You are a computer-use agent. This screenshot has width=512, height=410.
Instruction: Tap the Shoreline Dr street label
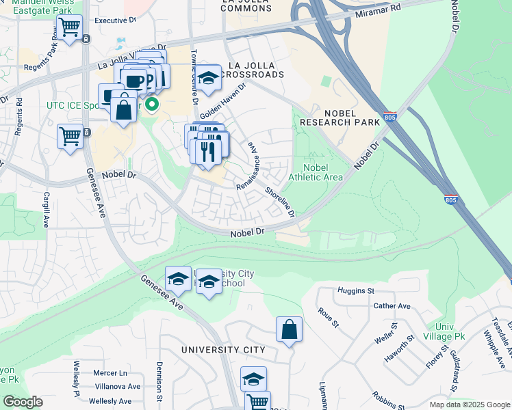point(280,203)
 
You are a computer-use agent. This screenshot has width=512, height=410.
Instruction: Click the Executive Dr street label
point(116,20)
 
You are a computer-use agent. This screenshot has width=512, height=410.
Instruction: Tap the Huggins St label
point(356,291)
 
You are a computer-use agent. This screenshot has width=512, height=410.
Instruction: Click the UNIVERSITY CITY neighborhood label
point(223,350)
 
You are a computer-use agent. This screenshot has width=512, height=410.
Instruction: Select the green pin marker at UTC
point(152,105)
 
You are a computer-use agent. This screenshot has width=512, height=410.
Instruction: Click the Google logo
point(23,402)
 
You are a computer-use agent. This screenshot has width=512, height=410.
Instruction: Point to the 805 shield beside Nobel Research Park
point(389,117)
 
